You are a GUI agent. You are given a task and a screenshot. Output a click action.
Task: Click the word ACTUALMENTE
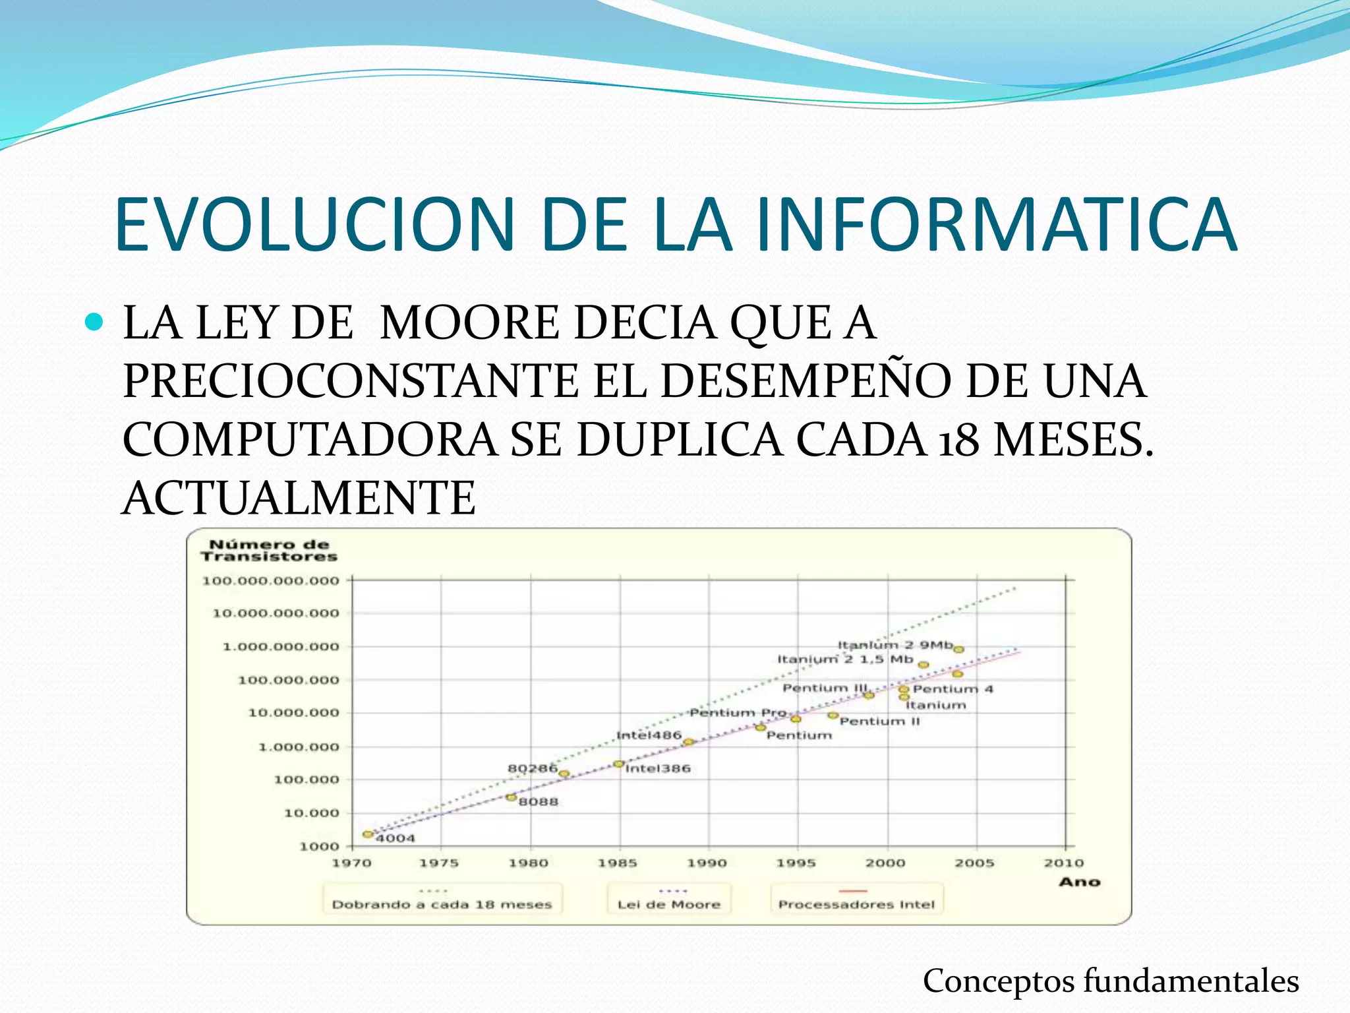click(299, 499)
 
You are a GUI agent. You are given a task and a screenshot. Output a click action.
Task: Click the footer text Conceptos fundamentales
click(1111, 981)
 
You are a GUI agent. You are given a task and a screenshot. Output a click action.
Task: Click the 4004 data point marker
click(368, 834)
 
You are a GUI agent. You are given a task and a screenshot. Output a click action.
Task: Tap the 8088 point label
click(538, 802)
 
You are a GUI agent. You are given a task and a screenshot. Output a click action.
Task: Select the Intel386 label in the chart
click(657, 768)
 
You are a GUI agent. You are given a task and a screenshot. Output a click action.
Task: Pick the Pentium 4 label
click(953, 689)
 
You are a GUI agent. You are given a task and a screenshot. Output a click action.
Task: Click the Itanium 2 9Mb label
click(895, 645)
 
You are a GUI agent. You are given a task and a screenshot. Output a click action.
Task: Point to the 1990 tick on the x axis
click(707, 863)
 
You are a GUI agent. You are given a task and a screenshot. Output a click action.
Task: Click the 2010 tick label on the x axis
click(1063, 863)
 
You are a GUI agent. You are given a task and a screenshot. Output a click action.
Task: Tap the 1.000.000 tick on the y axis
click(299, 747)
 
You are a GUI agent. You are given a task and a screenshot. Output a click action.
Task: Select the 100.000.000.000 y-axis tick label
click(270, 581)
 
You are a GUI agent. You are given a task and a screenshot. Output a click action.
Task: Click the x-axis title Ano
click(1080, 882)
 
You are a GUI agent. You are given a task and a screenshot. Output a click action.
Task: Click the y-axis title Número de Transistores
click(269, 551)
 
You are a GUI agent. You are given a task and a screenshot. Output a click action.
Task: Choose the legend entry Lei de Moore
click(668, 904)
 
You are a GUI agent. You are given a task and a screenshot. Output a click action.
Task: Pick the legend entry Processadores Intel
click(856, 904)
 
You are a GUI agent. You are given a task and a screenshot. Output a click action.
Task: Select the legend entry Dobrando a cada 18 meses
click(442, 904)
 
